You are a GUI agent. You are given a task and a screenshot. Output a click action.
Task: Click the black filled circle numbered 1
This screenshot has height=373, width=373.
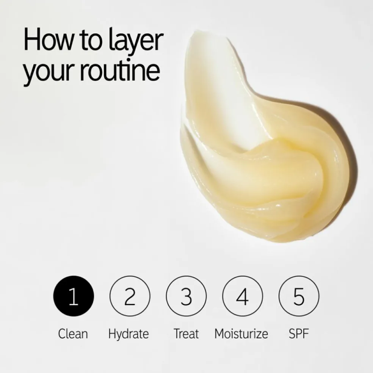(x=73, y=296)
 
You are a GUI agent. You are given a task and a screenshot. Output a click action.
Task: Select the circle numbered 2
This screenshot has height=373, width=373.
(x=130, y=296)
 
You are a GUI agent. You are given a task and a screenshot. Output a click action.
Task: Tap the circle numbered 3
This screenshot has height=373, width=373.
(x=186, y=296)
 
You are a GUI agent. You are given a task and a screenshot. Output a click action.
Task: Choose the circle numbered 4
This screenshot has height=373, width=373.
(x=242, y=296)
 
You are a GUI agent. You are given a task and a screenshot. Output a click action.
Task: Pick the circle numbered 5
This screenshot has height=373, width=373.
(x=299, y=296)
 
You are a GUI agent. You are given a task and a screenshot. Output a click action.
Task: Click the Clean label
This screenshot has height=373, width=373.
(x=73, y=334)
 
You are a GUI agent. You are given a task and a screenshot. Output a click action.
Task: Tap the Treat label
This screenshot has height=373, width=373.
(x=186, y=334)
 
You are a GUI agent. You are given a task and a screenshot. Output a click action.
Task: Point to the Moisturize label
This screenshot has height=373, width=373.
(x=241, y=334)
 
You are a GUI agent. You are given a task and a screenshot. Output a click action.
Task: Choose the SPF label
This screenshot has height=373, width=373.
(x=299, y=334)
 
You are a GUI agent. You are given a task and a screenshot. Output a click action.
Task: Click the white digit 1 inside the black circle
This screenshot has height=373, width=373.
(x=73, y=297)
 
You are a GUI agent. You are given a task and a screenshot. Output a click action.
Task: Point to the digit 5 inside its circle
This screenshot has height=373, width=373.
(x=299, y=297)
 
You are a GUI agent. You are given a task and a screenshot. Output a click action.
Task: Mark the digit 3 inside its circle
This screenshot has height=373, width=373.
(x=186, y=297)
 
